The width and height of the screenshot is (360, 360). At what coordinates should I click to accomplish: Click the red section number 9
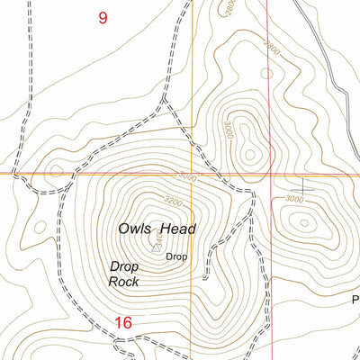103,16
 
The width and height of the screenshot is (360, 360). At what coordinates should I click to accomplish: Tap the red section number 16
123,322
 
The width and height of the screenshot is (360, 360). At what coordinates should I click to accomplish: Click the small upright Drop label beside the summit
176,256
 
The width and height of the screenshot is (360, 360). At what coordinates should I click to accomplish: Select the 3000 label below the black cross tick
294,198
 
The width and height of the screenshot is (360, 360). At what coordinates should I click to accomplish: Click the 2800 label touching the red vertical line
270,44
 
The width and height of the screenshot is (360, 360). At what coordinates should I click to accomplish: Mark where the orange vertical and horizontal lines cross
193,174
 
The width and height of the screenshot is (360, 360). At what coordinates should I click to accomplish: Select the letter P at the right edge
355,298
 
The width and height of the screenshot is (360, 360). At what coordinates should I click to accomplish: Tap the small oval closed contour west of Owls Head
39,227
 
